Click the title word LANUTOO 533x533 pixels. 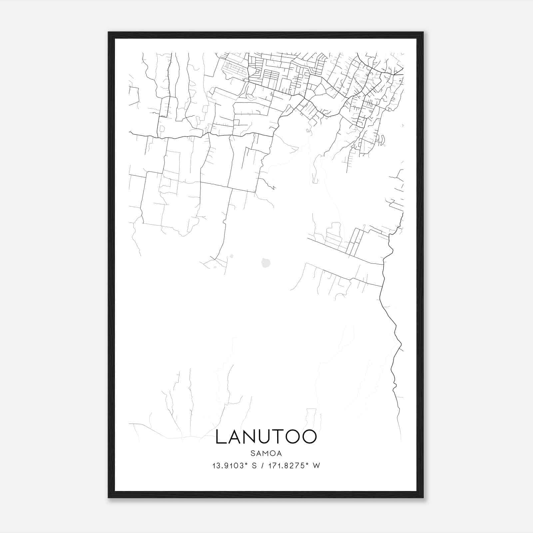[x=266, y=437]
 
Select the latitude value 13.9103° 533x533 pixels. [x=230, y=466]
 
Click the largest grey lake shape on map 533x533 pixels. [x=266, y=263]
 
